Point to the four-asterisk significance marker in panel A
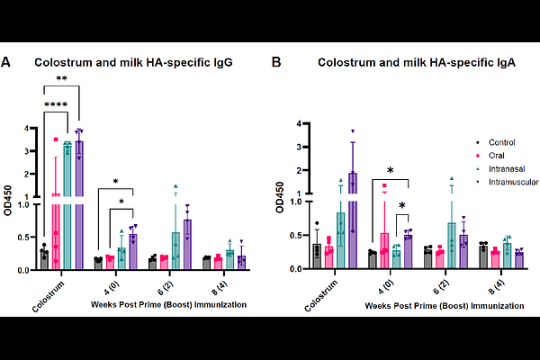(x=55, y=104)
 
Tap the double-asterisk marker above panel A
(x=61, y=79)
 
